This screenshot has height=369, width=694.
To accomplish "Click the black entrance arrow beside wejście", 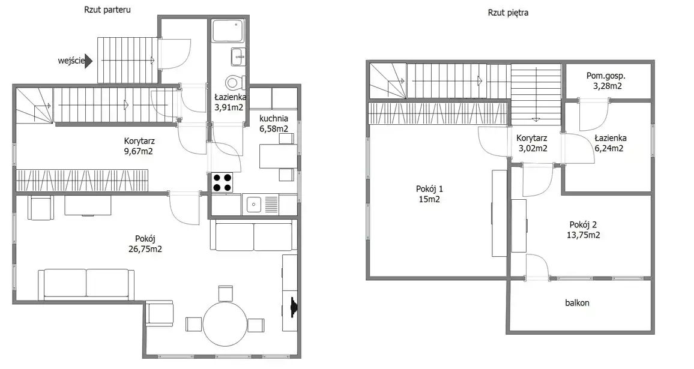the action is pyautogui.click(x=88, y=61).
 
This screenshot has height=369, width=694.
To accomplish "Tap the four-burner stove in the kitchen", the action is pyautogui.click(x=222, y=182).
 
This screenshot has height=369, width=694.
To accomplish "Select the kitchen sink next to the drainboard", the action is pyautogui.click(x=254, y=205).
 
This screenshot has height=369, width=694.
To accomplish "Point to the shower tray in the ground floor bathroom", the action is pyautogui.click(x=228, y=31).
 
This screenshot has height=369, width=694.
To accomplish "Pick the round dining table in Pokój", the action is pyautogui.click(x=225, y=324).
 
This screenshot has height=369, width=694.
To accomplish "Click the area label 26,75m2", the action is pyautogui.click(x=145, y=249).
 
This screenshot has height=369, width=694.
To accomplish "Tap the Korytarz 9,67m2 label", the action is pyautogui.click(x=139, y=146).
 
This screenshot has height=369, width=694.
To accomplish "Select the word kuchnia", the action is pyautogui.click(x=274, y=119).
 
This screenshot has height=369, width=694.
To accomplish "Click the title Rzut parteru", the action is pyautogui.click(x=107, y=10).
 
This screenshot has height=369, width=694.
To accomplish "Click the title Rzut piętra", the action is pyautogui.click(x=508, y=13).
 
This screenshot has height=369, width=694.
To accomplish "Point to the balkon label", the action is pyautogui.click(x=577, y=303).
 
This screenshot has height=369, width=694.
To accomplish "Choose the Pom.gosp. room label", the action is pyautogui.click(x=606, y=76).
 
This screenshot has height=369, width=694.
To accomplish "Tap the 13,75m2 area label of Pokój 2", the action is pyautogui.click(x=584, y=235).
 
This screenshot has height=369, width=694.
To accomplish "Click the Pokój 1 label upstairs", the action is pyautogui.click(x=429, y=189).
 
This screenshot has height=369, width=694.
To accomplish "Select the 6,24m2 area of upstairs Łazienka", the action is pyautogui.click(x=609, y=149).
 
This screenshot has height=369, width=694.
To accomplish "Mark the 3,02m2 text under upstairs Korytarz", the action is pyautogui.click(x=533, y=149).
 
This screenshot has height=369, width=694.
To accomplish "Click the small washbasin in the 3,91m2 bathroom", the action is pyautogui.click(x=238, y=56).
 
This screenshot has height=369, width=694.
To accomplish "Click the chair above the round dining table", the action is pyautogui.click(x=226, y=293).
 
